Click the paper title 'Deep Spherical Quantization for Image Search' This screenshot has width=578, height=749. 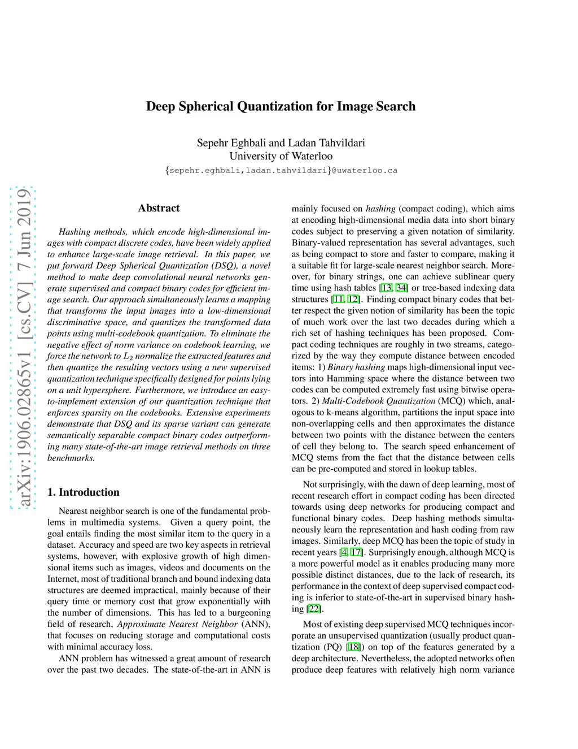click(x=281, y=106)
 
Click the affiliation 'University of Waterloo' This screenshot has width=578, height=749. click(x=281, y=156)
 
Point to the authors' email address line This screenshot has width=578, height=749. click(x=281, y=170)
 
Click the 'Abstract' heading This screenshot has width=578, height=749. click(x=159, y=208)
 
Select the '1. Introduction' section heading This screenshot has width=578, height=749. click(x=84, y=492)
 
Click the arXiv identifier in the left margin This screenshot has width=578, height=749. click(x=23, y=347)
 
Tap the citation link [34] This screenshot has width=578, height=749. click(x=401, y=288)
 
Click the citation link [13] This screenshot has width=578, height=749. click(x=386, y=288)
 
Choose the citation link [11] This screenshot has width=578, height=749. click(x=338, y=299)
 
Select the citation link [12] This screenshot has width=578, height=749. click(x=353, y=299)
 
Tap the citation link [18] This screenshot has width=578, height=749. click(x=353, y=647)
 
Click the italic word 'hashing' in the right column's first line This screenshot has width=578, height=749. click(x=380, y=209)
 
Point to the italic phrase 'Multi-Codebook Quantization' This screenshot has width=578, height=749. click(x=378, y=401)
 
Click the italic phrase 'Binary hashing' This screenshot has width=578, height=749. click(x=356, y=367)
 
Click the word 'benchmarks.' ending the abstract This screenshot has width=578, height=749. click(x=71, y=458)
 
